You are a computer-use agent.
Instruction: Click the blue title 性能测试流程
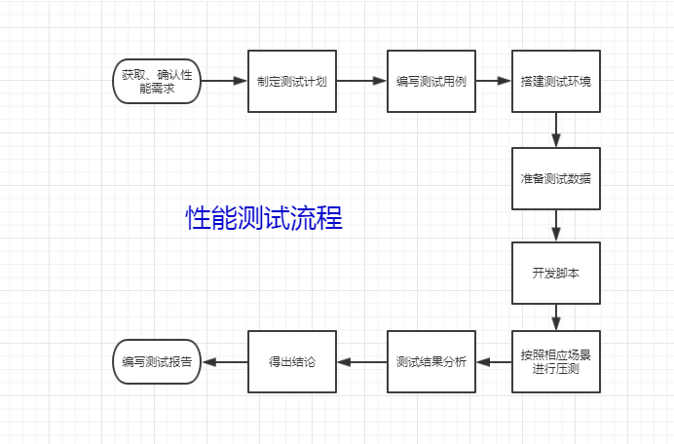click(264, 217)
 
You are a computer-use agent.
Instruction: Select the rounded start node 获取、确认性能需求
click(157, 81)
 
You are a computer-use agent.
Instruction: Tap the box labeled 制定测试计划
click(292, 81)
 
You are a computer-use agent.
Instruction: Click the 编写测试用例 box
click(431, 81)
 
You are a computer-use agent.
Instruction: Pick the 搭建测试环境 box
click(556, 81)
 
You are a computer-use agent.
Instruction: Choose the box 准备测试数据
click(556, 179)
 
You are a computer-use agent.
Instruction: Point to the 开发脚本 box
click(556, 273)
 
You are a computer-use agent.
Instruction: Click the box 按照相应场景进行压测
click(556, 361)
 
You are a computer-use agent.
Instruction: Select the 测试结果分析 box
click(431, 361)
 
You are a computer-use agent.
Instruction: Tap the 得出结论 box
click(292, 361)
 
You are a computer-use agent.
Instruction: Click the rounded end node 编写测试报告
click(157, 361)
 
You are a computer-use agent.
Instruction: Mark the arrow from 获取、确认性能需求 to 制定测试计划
click(224, 81)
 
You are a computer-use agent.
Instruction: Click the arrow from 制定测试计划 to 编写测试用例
click(361, 81)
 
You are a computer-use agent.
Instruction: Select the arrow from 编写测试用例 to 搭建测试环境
click(494, 81)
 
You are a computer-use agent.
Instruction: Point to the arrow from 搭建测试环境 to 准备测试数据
click(556, 129)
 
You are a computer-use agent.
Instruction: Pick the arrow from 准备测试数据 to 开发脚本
click(556, 226)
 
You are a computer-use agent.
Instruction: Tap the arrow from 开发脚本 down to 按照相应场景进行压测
click(556, 317)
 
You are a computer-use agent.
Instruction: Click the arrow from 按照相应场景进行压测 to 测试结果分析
click(494, 362)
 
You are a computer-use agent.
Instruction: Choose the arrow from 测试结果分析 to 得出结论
click(362, 362)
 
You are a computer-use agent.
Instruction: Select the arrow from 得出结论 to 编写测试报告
click(225, 362)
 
